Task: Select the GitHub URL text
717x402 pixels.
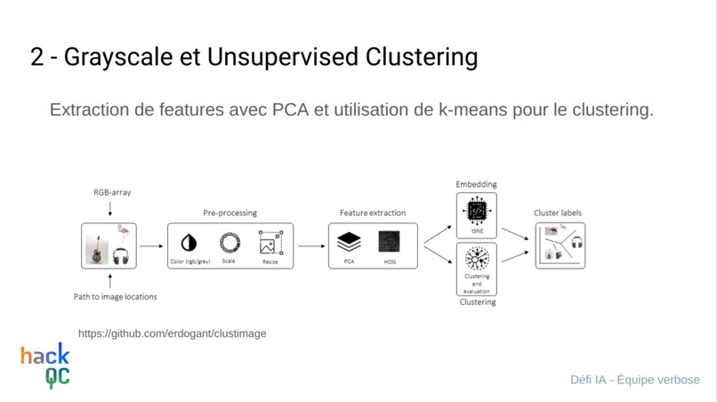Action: [x=172, y=334]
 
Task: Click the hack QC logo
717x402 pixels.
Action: [x=45, y=365]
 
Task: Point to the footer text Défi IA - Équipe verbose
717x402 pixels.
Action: [x=634, y=380]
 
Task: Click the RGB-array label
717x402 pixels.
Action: [x=112, y=192]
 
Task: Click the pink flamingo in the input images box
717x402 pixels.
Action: [x=123, y=233]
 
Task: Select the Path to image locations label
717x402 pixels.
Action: [x=115, y=296]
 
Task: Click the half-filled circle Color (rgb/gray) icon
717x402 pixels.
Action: [x=189, y=243]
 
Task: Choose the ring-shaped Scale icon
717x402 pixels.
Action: [x=230, y=242]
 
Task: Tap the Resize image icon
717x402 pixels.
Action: [x=270, y=243]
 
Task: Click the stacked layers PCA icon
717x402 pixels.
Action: [x=350, y=241]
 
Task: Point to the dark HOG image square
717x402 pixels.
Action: [x=389, y=241]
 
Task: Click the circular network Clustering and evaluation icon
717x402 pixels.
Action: [x=477, y=259]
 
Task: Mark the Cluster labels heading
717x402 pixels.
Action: [x=558, y=213]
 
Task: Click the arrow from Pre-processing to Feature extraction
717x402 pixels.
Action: [x=310, y=245]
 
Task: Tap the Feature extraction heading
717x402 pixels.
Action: [x=372, y=213]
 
